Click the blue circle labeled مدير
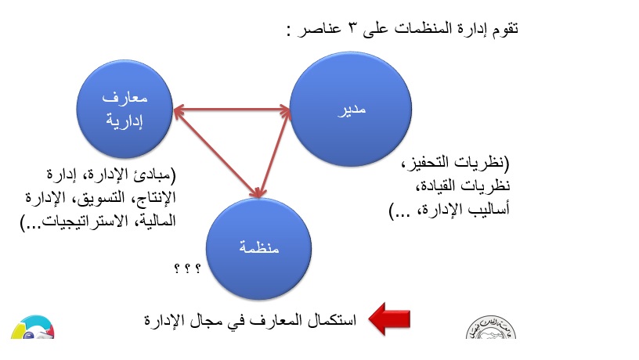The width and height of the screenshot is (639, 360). click(x=351, y=109)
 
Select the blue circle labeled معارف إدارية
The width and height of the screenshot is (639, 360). click(x=125, y=109)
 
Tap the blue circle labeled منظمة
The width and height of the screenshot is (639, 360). click(x=258, y=248)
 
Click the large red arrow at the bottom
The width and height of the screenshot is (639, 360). click(x=389, y=319)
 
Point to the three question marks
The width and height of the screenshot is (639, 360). click(x=187, y=268)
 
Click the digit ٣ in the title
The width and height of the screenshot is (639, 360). click(x=352, y=28)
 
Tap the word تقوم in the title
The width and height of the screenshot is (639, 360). click(x=504, y=29)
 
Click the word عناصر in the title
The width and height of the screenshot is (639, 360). click(x=319, y=29)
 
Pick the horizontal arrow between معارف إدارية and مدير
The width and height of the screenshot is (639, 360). click(x=232, y=109)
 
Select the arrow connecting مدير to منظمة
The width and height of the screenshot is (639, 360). click(x=274, y=153)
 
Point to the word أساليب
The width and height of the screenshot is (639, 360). click(x=489, y=209)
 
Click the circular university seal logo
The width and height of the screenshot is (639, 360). click(x=491, y=327)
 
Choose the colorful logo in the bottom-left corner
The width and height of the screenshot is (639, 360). click(x=33, y=327)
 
